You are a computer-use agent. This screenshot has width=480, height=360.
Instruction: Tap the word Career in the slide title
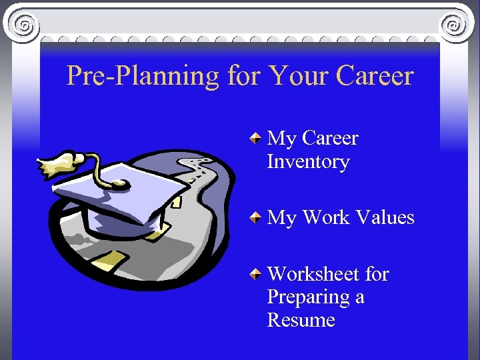[x=375, y=76]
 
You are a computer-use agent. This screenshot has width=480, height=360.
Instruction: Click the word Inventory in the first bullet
[x=308, y=162]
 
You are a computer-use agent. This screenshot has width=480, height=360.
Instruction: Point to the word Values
[x=385, y=218]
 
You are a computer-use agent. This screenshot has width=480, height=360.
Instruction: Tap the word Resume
[x=301, y=321]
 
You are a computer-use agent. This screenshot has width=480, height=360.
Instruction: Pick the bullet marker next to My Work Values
[x=255, y=218]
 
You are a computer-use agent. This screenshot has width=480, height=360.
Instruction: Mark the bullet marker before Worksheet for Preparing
[x=255, y=274]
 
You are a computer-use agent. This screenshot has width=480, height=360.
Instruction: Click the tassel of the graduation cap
[x=56, y=163]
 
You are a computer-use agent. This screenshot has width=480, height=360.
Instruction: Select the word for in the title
[x=243, y=76]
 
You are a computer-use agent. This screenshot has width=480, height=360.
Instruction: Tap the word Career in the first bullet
[x=330, y=139]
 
